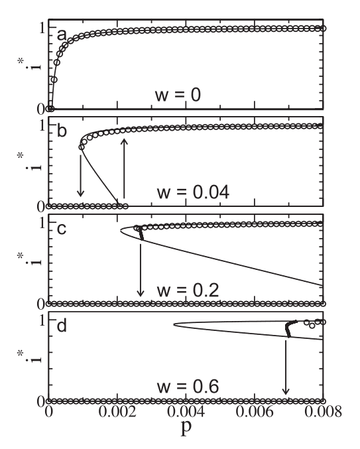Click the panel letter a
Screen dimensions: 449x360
[x=60, y=34]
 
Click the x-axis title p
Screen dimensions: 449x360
[x=186, y=432]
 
